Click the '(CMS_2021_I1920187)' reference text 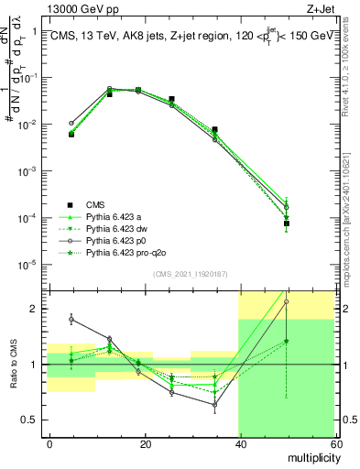(190, 273)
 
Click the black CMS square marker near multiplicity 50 (287, 223)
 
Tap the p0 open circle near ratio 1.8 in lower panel (71, 320)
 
